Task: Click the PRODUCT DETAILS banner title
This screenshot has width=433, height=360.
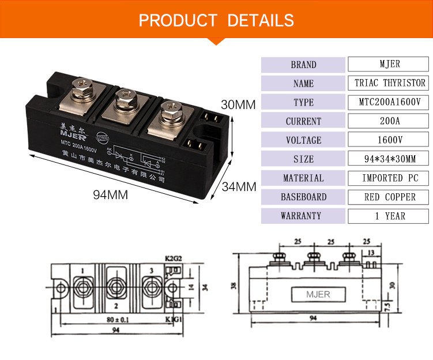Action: tap(216, 21)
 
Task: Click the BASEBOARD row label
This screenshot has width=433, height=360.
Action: tap(303, 197)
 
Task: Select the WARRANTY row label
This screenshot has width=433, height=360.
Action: tap(303, 216)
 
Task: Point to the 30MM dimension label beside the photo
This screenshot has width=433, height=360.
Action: tap(238, 105)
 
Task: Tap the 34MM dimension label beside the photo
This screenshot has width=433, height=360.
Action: tap(239, 187)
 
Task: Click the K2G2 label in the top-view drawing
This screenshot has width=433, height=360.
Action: tap(172, 259)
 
